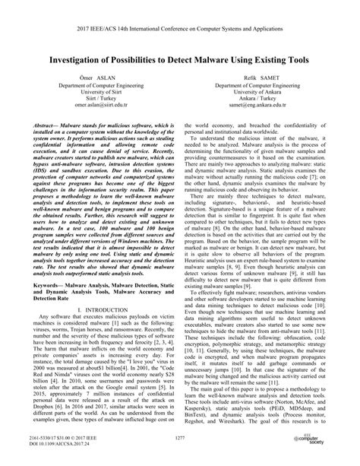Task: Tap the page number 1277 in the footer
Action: [x=179, y=439]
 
